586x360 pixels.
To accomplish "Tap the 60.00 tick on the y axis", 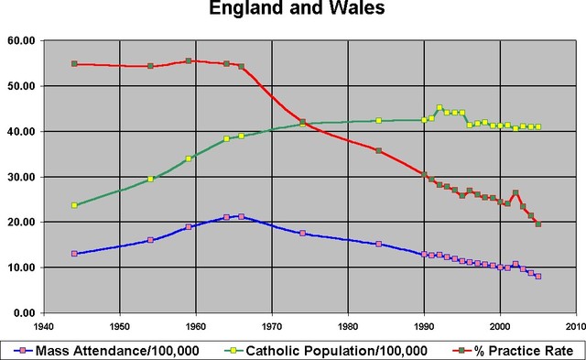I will [20, 40].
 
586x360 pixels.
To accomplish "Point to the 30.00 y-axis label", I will [20, 177].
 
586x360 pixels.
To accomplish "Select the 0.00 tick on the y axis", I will [24, 313].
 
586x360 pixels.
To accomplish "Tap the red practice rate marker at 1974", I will [302, 122].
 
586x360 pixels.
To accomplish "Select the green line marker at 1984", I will [378, 121].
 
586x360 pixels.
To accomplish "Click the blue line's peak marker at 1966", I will [241, 216].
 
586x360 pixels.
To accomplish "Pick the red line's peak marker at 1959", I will [188, 61].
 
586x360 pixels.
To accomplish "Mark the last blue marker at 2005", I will [538, 276].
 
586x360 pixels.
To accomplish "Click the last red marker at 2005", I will [538, 224].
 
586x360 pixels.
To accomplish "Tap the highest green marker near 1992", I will [439, 108].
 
